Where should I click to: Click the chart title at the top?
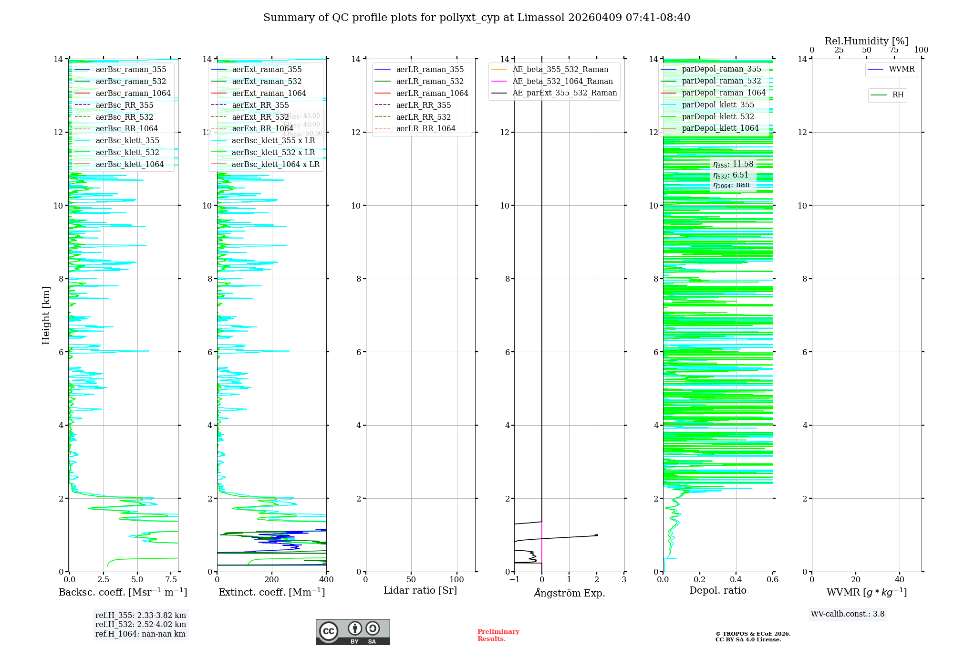click(x=477, y=18)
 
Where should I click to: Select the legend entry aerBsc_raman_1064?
click(x=133, y=93)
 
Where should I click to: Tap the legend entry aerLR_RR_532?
click(x=423, y=117)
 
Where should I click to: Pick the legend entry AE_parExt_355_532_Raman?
click(x=564, y=93)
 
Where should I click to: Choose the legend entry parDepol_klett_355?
click(x=718, y=105)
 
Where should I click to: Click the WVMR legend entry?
click(x=901, y=69)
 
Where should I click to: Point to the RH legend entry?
click(x=897, y=95)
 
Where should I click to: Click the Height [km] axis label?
click(x=46, y=315)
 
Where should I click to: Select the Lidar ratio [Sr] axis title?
click(x=420, y=591)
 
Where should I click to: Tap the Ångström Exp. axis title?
click(x=569, y=593)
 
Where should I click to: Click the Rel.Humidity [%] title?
click(x=866, y=42)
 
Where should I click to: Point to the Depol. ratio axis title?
click(x=717, y=591)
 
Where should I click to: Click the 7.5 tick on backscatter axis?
click(x=171, y=580)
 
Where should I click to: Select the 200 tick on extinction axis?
click(x=271, y=580)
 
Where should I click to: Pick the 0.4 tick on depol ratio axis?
click(x=736, y=580)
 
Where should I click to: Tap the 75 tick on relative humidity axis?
click(x=893, y=50)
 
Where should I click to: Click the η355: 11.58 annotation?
click(x=733, y=165)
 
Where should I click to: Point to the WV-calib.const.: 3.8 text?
click(x=848, y=614)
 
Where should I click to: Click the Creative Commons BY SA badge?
click(x=353, y=632)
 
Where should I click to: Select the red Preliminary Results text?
click(x=498, y=635)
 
